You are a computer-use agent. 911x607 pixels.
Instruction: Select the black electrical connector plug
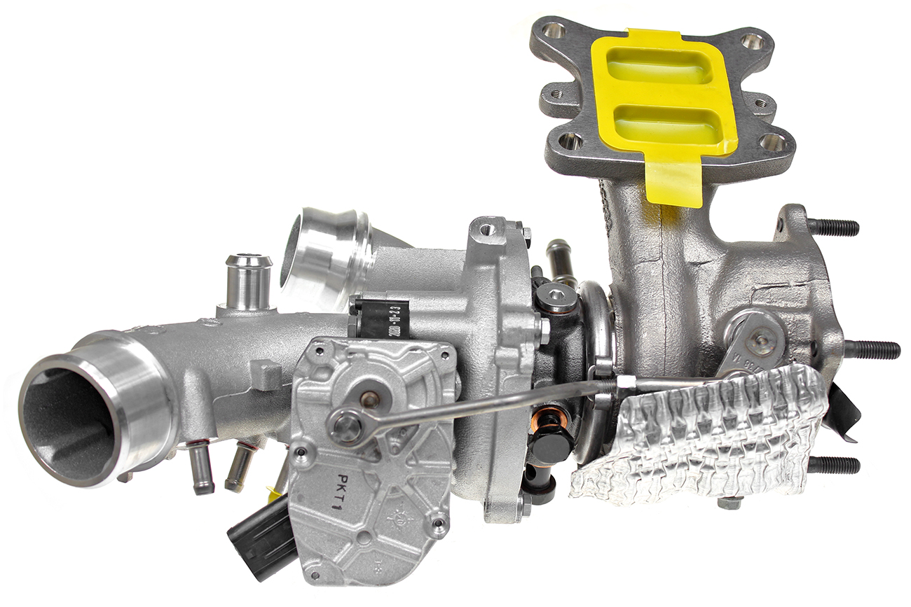point(261,535)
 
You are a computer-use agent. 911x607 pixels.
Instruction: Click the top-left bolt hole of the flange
point(554,30)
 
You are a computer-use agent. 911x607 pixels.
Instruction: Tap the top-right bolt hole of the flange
point(753,41)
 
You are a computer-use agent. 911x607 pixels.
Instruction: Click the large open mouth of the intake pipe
point(70,416)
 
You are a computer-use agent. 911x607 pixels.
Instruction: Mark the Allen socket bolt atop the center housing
point(558,297)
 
